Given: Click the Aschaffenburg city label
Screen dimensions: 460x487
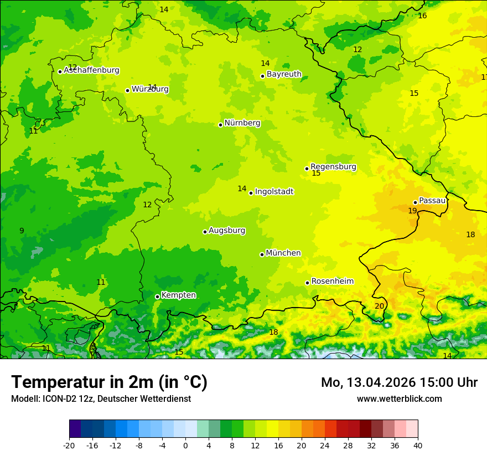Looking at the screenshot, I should (91, 70).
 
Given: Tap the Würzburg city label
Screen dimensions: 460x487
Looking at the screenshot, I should (150, 89).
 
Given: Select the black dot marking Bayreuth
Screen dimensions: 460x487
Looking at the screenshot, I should (262, 76).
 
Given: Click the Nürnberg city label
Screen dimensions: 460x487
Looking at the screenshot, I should (242, 123).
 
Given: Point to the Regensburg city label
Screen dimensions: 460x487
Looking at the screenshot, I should (333, 167).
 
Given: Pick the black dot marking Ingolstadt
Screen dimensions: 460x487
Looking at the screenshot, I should (251, 193).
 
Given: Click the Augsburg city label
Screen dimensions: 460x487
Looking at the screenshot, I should (226, 231).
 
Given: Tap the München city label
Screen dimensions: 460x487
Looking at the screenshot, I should (283, 253).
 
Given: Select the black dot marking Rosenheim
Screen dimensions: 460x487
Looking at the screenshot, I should (307, 283).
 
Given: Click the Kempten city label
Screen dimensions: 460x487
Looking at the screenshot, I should (178, 295).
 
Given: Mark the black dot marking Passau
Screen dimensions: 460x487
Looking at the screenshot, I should (415, 202).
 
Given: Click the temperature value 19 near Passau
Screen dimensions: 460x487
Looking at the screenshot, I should (412, 211).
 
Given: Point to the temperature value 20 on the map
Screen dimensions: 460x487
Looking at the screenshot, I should (379, 306).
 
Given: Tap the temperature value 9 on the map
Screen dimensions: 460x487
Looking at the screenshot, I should (22, 231).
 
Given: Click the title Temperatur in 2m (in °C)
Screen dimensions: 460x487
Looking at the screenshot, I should (109, 382).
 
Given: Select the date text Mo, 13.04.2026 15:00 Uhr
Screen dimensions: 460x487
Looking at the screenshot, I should (399, 382).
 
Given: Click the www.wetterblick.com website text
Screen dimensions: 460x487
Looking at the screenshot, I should (399, 398).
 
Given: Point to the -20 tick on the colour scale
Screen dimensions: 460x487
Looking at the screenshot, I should (69, 445).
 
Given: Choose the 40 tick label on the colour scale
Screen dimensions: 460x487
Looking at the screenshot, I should (418, 445).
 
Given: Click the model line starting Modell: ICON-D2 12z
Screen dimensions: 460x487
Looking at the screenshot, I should (101, 398).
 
